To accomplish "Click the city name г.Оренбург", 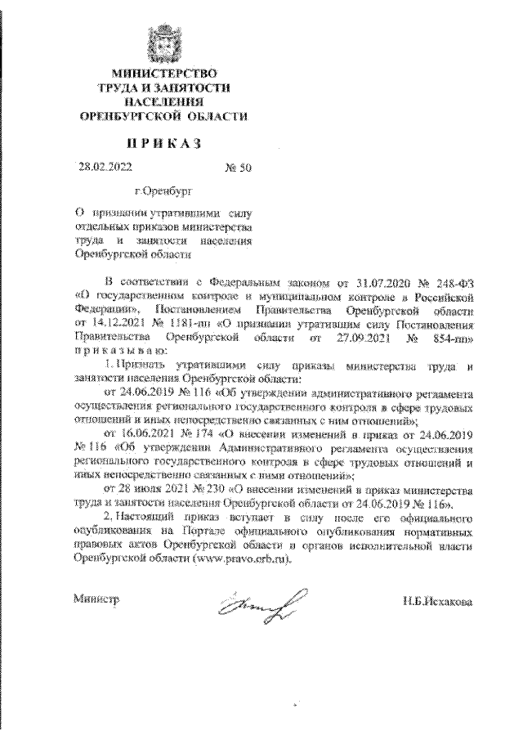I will (160, 196).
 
